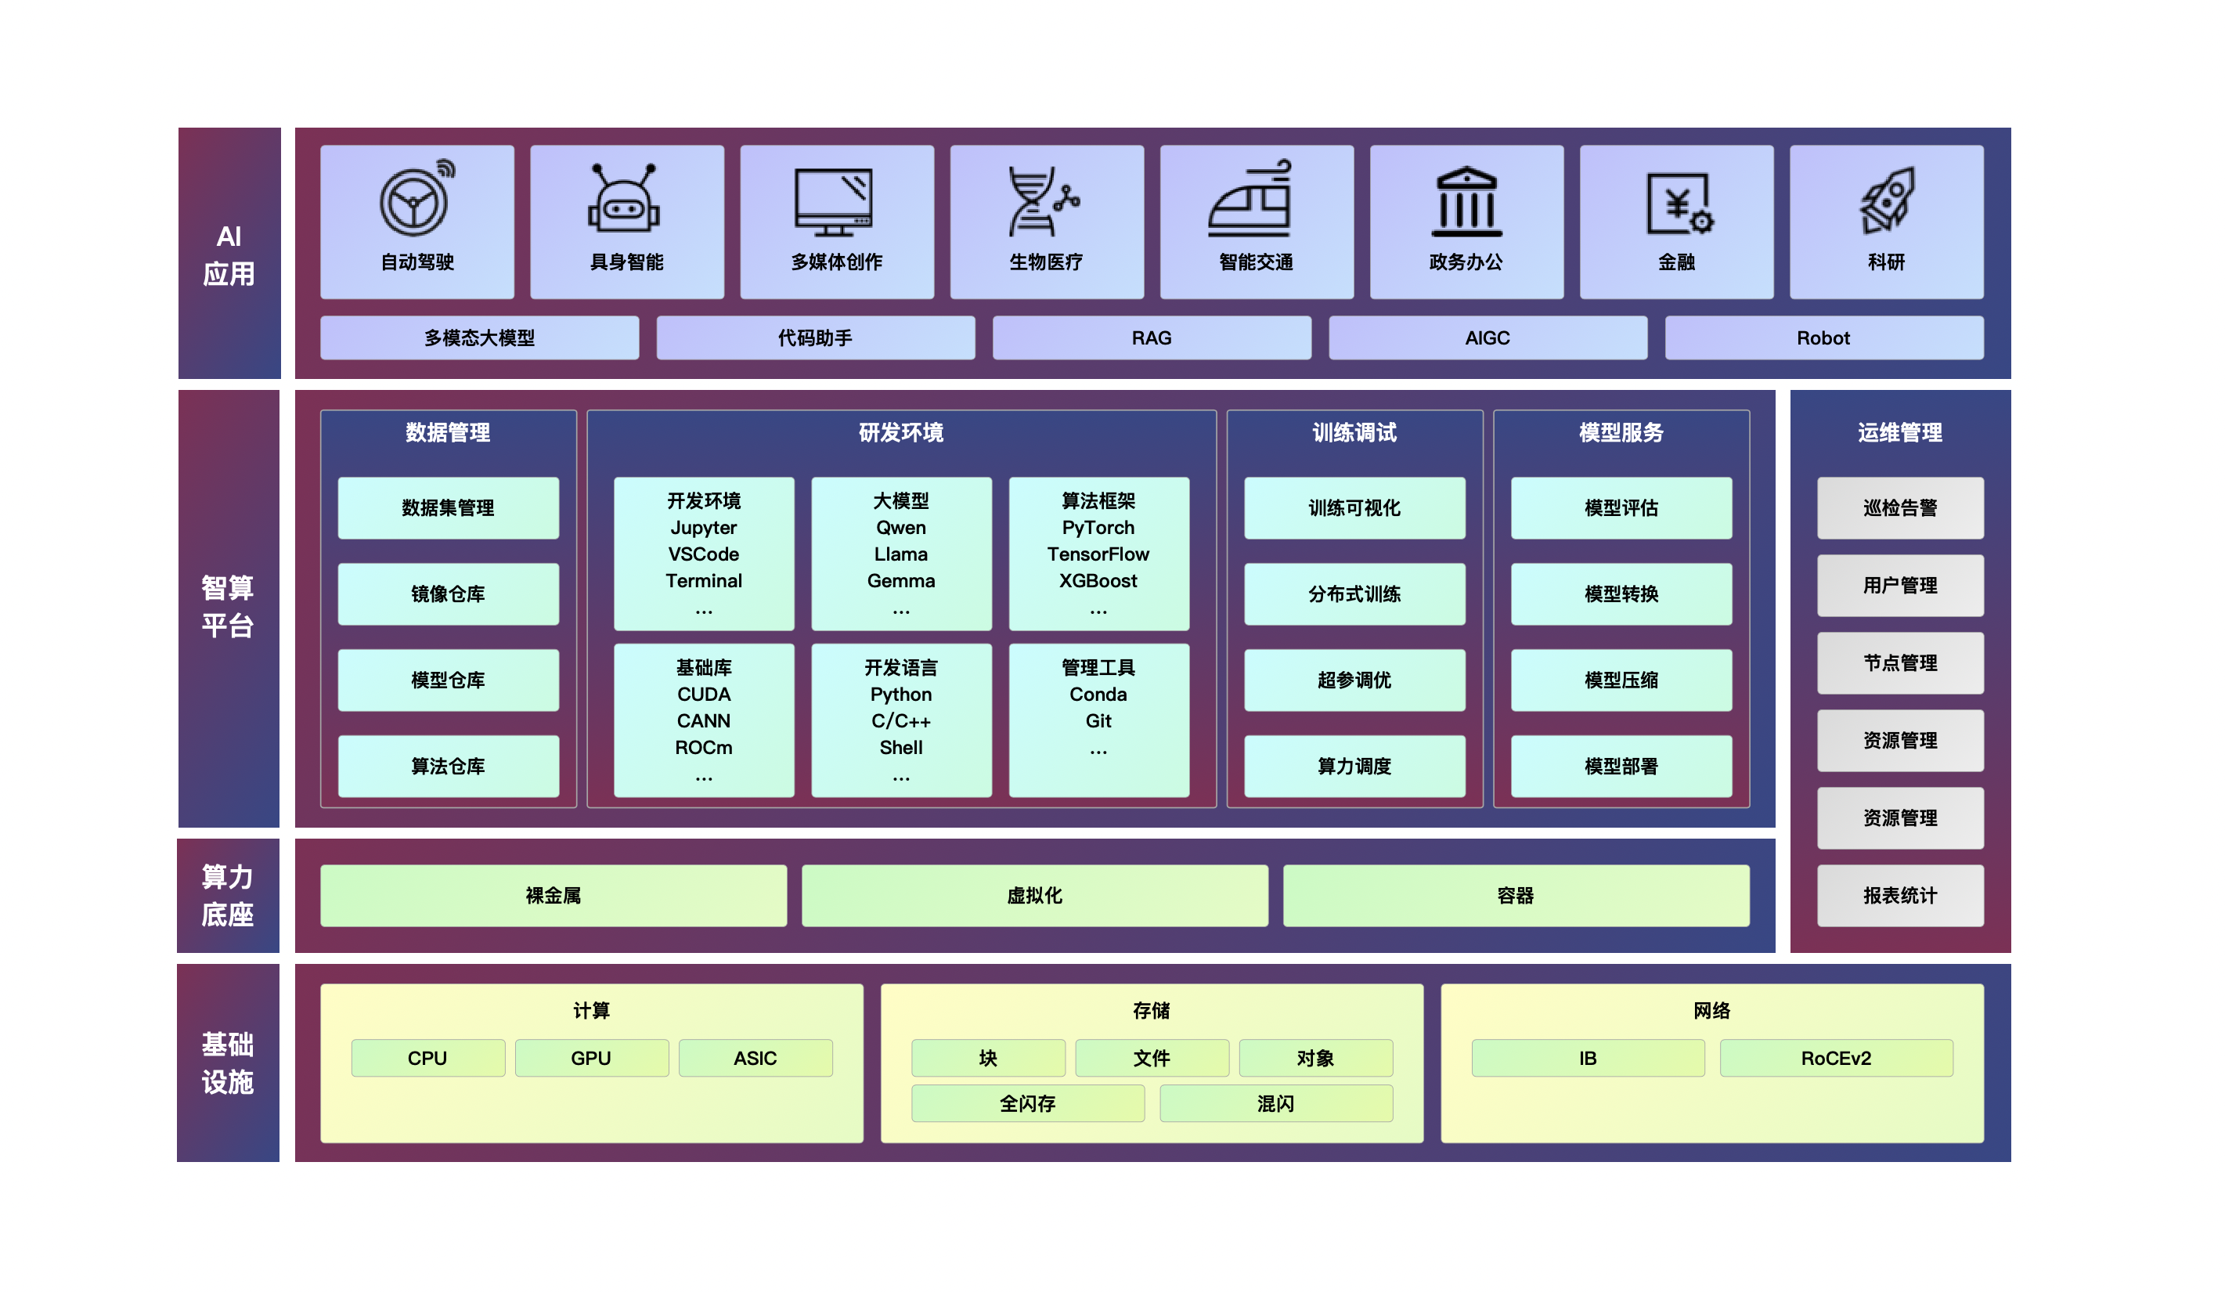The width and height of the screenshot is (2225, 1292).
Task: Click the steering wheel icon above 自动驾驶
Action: click(415, 200)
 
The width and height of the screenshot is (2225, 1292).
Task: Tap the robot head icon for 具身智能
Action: click(624, 200)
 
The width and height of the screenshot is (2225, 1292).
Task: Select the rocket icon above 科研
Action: click(1887, 200)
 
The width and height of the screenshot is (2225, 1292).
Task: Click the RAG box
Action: click(1152, 338)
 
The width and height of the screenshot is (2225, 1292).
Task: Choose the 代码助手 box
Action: click(815, 338)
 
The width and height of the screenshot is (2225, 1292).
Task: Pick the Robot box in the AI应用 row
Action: click(1823, 338)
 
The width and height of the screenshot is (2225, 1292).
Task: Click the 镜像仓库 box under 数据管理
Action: click(448, 594)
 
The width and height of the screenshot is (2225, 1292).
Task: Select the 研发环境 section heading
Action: click(900, 433)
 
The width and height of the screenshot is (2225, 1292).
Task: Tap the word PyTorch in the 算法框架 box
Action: click(1098, 528)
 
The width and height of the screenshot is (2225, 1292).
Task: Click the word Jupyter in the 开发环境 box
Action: click(703, 528)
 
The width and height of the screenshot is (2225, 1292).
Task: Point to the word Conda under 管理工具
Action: click(1098, 695)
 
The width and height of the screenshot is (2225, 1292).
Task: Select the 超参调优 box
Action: click(1354, 680)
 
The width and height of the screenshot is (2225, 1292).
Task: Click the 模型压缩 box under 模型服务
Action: click(1621, 680)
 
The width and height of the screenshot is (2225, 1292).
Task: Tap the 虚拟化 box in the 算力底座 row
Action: click(1034, 896)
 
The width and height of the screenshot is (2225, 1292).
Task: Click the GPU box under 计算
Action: click(590, 1058)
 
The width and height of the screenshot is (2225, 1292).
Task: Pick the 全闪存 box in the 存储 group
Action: click(1027, 1104)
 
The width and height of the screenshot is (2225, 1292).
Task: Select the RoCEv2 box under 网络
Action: click(1836, 1058)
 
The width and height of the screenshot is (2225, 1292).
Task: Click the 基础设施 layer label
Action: click(228, 1063)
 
